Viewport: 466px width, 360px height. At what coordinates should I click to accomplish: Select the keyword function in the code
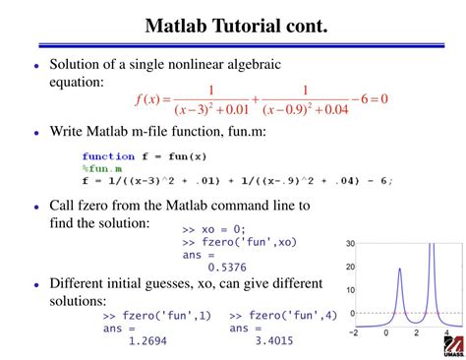(108, 156)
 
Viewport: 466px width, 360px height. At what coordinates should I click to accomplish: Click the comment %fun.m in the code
(103, 168)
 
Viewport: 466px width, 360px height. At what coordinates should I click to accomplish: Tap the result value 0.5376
(227, 266)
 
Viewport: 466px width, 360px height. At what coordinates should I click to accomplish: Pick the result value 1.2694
(147, 340)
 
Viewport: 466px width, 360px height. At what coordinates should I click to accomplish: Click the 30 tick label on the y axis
(350, 243)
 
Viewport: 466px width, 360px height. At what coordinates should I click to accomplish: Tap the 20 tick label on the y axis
(350, 267)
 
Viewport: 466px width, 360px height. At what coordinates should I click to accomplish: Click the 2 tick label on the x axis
(416, 332)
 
